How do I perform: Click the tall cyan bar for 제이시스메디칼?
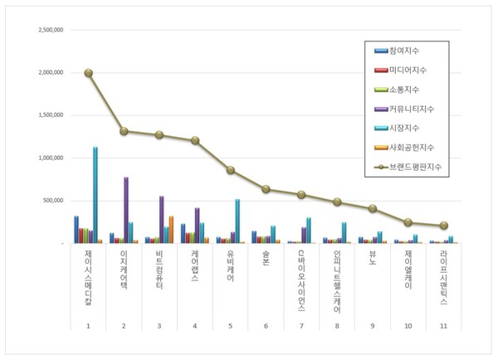click(x=95, y=195)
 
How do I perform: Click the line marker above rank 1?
click(x=88, y=73)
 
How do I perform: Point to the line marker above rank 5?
click(x=231, y=170)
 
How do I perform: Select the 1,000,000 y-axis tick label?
click(x=52, y=158)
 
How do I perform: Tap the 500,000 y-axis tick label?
click(x=56, y=201)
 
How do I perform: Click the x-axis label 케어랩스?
click(x=195, y=267)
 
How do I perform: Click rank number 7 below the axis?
click(x=301, y=326)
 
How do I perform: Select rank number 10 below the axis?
click(x=408, y=326)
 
